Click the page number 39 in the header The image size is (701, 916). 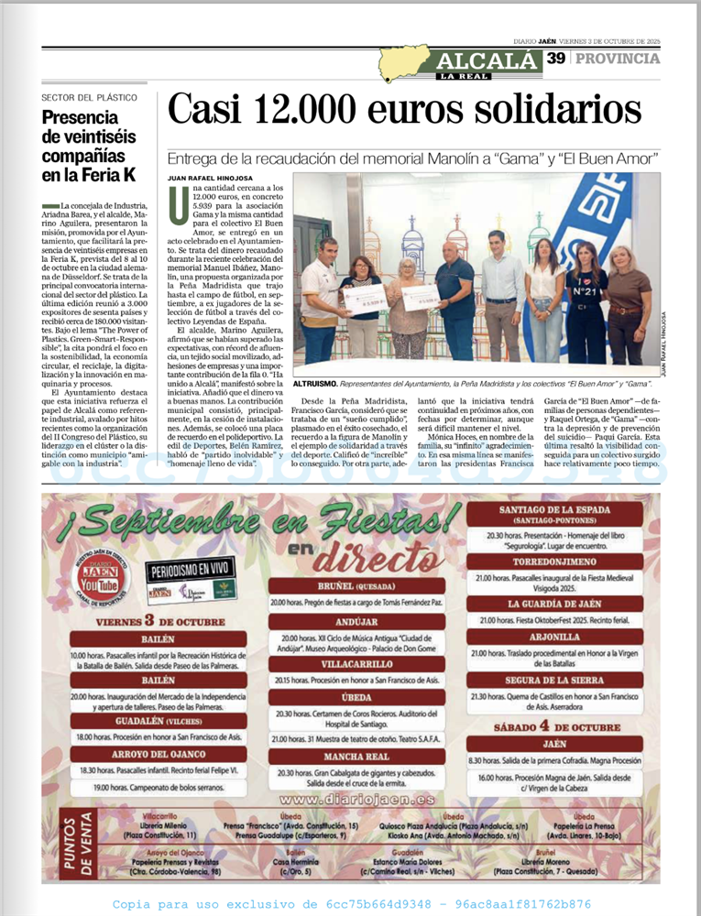(555, 59)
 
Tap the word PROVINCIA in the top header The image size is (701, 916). (617, 59)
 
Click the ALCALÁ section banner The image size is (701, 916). (486, 61)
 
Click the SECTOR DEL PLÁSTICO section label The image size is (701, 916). (90, 97)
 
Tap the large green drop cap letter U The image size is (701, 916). (179, 203)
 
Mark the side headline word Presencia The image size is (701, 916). (81, 117)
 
